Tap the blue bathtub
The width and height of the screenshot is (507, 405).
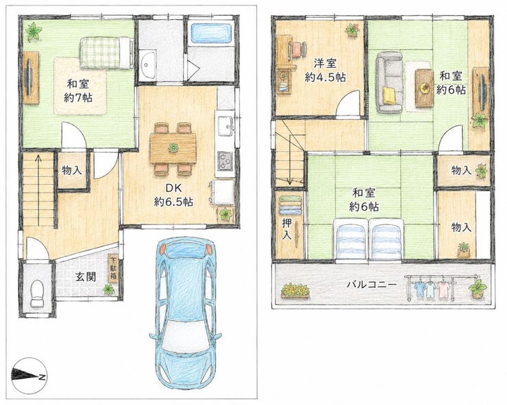tap(212, 33)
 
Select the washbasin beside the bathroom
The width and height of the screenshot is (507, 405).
tap(148, 64)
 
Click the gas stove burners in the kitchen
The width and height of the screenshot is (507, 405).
tap(225, 161)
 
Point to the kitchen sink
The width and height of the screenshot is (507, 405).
tap(225, 126)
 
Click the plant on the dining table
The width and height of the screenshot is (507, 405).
tap(173, 148)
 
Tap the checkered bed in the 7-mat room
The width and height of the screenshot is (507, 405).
tap(107, 53)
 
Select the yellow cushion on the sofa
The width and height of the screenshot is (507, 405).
tap(390, 96)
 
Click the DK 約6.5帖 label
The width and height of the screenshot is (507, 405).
tap(173, 195)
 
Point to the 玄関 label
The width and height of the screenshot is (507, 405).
tap(86, 276)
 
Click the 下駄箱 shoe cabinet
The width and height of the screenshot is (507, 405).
tap(113, 269)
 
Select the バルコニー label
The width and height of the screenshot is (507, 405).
tap(371, 285)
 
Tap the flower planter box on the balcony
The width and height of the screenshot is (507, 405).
tap(295, 290)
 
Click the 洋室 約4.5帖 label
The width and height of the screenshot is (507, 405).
tap(325, 70)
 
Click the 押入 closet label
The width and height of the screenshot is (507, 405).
tap(286, 229)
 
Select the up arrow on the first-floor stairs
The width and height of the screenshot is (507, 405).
tap(38, 190)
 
